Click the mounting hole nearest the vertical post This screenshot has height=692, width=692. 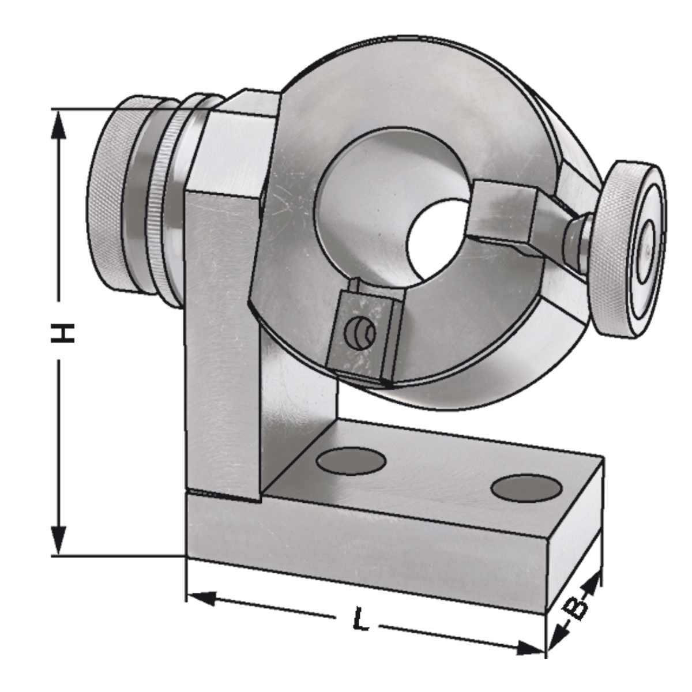351,462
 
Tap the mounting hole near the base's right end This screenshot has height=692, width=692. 526,489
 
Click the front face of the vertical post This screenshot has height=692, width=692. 222,346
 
